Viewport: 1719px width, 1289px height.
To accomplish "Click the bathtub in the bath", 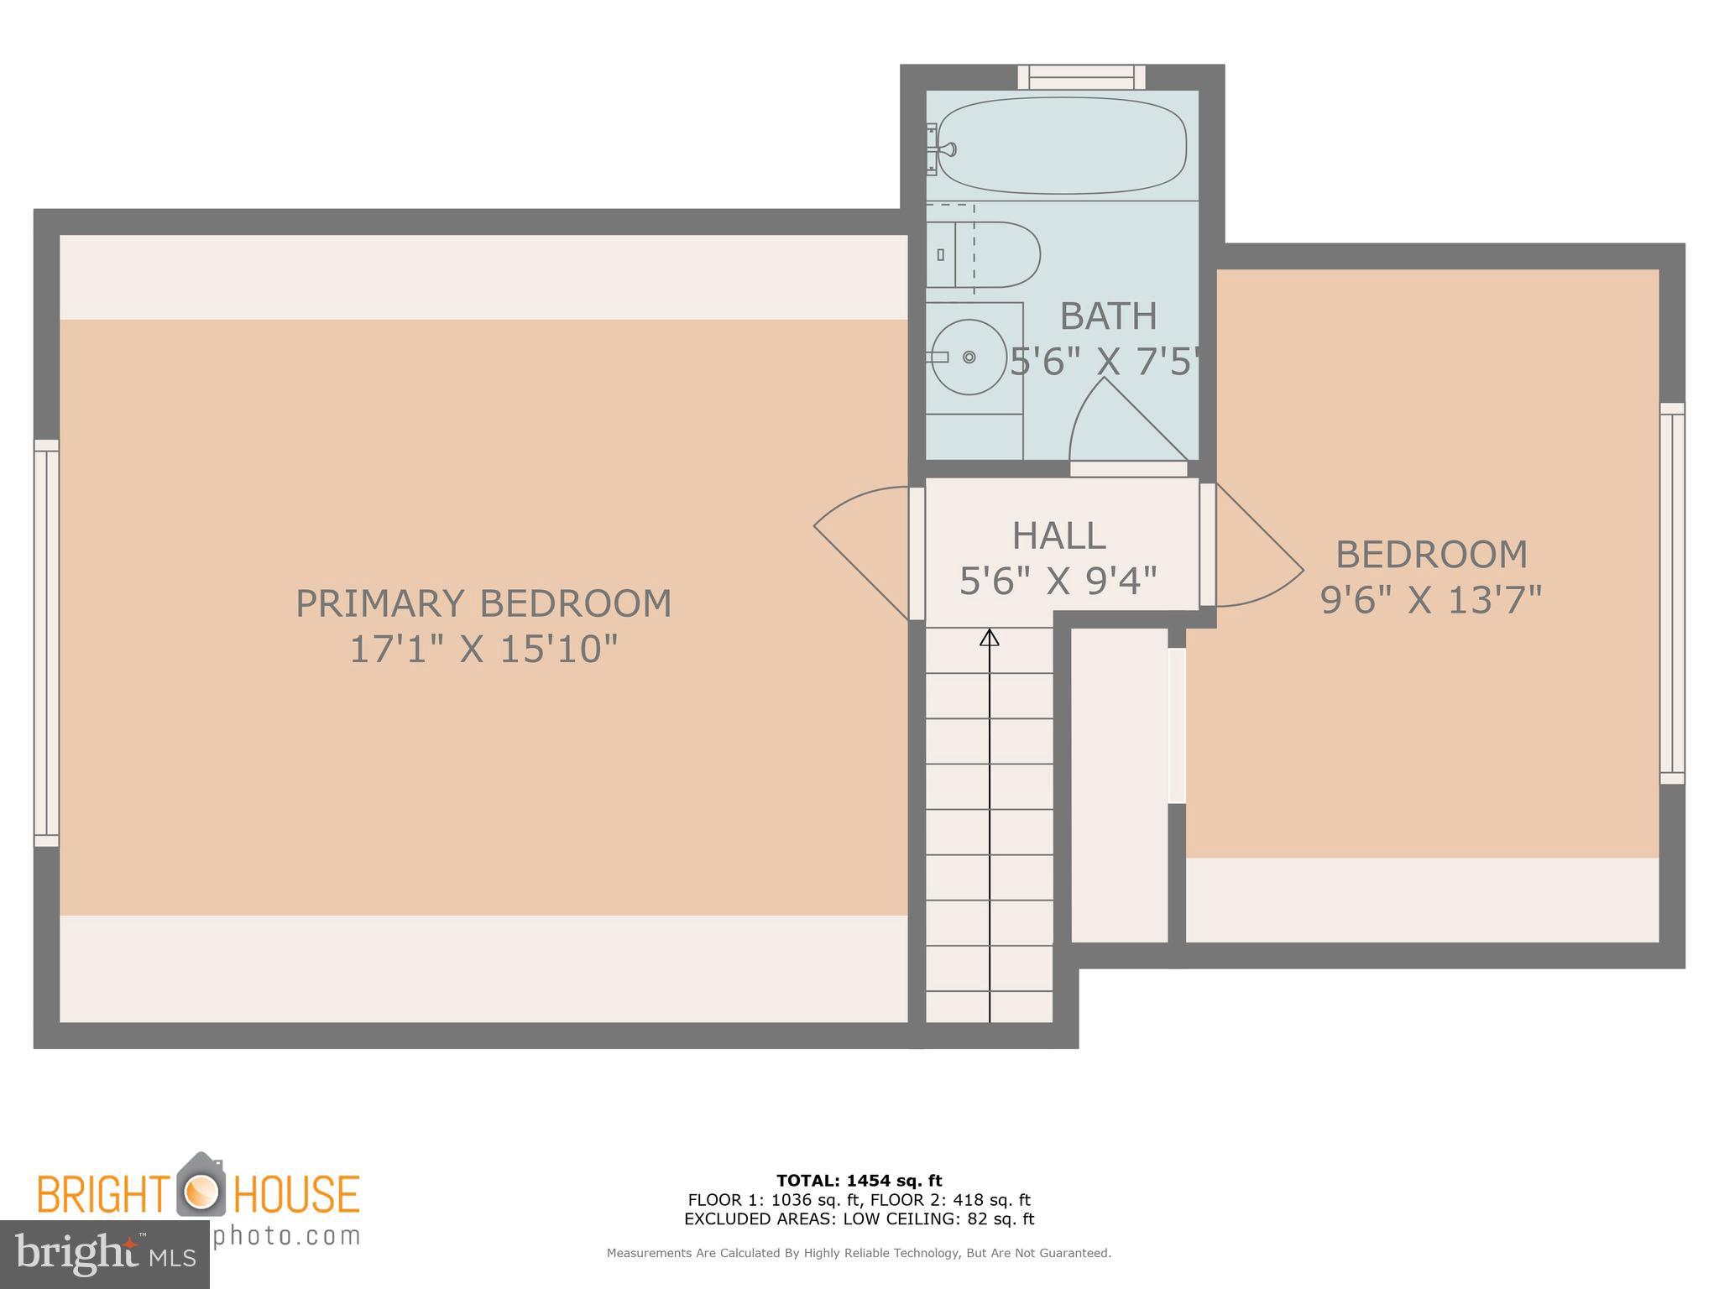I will click(1062, 146).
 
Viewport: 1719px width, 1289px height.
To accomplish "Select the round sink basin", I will click(969, 357).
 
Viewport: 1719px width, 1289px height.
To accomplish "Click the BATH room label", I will click(1108, 316).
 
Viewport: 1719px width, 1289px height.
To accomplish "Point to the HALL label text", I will click(1058, 535).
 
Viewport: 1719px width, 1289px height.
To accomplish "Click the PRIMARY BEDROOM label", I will click(483, 603).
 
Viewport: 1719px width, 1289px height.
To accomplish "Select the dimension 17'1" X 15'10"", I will click(483, 649).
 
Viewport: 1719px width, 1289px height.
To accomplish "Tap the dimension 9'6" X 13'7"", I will click(1431, 599).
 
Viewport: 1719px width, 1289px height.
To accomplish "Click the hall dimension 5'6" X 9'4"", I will click(1058, 580).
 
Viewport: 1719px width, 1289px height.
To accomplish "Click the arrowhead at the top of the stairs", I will click(990, 638).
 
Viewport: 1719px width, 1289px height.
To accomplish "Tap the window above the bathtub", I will click(1081, 77).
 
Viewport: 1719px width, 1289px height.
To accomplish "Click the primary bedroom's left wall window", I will click(46, 643).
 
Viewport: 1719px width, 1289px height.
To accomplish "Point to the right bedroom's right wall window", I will click(1672, 593).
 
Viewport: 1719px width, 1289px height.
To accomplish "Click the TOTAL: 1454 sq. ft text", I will click(859, 1181).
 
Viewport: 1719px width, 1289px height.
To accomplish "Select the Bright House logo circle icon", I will click(200, 1192).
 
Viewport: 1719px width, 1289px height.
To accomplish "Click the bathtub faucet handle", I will click(947, 150).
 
